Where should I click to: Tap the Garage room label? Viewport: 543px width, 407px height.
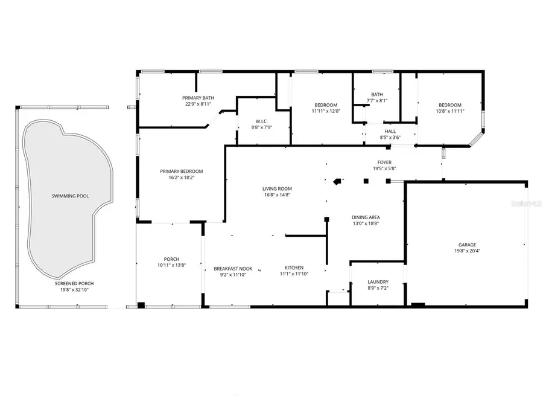coord(467,245)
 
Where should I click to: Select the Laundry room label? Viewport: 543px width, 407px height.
coord(378,282)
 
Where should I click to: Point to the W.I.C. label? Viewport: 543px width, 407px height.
coord(262,121)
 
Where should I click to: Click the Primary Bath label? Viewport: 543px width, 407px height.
coord(198,98)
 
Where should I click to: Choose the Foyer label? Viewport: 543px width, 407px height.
coord(384,162)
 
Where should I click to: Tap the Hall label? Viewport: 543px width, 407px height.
coord(390,131)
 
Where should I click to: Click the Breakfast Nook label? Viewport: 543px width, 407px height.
coord(233,268)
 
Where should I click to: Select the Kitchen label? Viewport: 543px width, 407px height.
coord(294,268)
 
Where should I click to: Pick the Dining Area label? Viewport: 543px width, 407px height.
coord(366,217)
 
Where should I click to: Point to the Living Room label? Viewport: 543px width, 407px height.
coord(277,188)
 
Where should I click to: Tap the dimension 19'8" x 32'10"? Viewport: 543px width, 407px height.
coord(74,290)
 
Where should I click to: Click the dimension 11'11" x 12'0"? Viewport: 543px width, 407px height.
coord(326,111)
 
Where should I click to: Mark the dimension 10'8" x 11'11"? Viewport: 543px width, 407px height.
coord(449,111)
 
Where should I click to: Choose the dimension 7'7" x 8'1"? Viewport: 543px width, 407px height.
coord(377,101)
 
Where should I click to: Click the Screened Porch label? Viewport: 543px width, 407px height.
coord(74,283)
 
